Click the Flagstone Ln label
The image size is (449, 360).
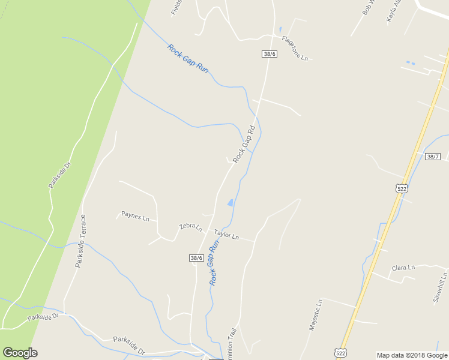tap(295, 49)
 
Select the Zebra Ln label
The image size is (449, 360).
tap(190, 226)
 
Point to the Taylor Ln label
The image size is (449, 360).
tap(226, 235)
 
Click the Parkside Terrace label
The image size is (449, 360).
tap(80, 241)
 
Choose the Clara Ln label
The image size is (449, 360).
tap(403, 268)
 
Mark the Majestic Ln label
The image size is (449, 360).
tap(316, 314)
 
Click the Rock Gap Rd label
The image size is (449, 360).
tap(244, 144)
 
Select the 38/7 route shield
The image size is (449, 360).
tap(432, 157)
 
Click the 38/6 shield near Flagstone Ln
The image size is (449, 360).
tap(270, 54)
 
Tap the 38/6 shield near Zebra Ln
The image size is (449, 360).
tap(196, 257)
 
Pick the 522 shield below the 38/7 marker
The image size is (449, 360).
tap(402, 188)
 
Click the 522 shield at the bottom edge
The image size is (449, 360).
tap(340, 353)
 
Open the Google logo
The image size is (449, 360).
tap(20, 353)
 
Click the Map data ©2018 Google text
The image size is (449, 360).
tap(412, 355)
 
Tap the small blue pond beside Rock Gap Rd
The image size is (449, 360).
tap(231, 203)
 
